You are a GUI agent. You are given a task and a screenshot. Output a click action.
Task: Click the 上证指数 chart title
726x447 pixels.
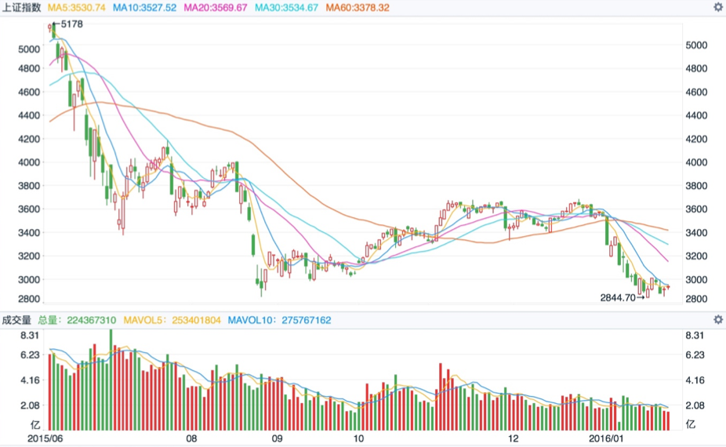pyautogui.click(x=22, y=7)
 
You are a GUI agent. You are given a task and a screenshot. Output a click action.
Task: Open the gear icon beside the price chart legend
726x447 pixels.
pyautogui.click(x=717, y=7)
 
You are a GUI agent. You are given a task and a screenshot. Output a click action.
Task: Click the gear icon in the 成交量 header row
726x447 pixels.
pyautogui.click(x=717, y=320)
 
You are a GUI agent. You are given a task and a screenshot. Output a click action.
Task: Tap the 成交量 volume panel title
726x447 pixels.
pyautogui.click(x=16, y=320)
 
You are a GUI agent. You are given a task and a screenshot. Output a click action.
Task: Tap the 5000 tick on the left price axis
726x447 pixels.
pyautogui.click(x=27, y=49)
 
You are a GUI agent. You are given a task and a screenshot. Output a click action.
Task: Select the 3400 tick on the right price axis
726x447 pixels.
pyautogui.click(x=696, y=233)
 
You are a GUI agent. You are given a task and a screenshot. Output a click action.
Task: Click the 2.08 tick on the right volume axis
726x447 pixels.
pyautogui.click(x=696, y=405)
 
